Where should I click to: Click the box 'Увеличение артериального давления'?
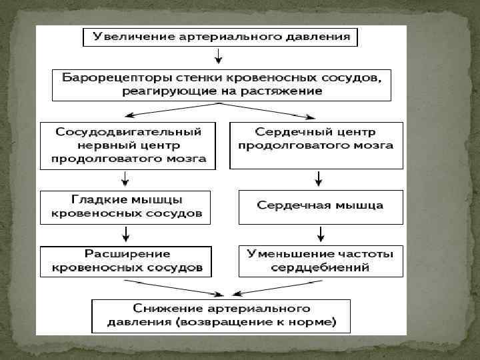(x=220, y=37)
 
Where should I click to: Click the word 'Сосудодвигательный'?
(x=129, y=131)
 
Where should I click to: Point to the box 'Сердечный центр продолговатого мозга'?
(x=317, y=145)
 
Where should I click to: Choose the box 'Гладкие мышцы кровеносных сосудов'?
(x=125, y=207)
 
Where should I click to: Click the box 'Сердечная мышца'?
(x=321, y=206)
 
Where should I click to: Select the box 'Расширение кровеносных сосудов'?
(x=127, y=261)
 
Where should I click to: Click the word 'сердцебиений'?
(x=321, y=268)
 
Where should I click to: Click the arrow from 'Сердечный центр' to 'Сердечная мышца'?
(x=319, y=179)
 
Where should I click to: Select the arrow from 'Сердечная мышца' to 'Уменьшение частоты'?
(x=321, y=234)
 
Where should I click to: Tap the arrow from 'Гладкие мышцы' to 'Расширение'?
(x=125, y=234)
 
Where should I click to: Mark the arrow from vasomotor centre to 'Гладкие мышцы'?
(x=125, y=179)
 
